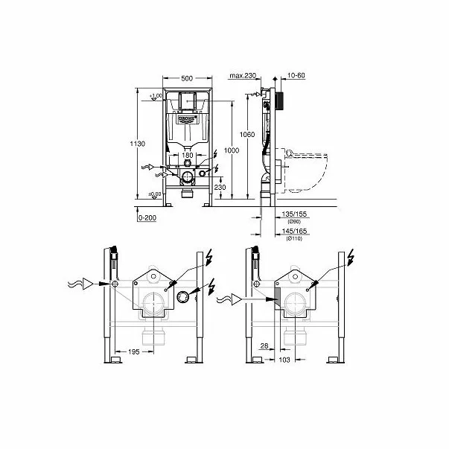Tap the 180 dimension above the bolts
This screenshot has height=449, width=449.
(x=187, y=156)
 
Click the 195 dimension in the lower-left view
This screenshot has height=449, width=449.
(x=134, y=351)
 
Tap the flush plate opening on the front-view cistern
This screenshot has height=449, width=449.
(x=187, y=101)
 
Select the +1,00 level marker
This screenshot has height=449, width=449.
(x=156, y=96)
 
